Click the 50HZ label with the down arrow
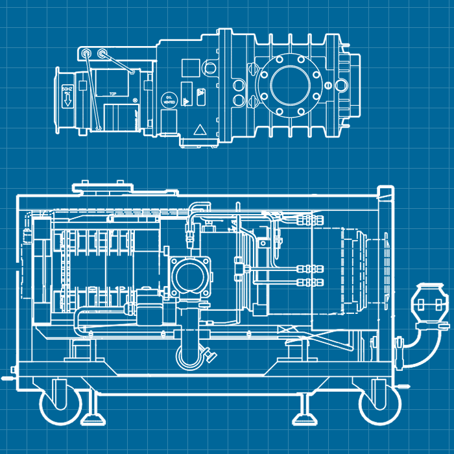tap(66, 97)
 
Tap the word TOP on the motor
tap(113, 94)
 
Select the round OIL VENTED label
tap(169, 99)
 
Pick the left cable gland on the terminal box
tap(84, 53)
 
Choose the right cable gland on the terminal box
tap(103, 53)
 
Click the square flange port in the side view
tap(191, 277)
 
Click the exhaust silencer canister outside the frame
tap(429, 304)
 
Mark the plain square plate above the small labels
tap(189, 67)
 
